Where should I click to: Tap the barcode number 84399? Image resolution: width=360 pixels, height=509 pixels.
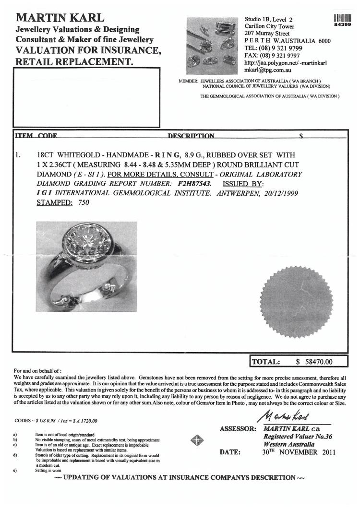344,24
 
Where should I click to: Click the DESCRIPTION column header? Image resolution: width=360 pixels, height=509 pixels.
191,136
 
